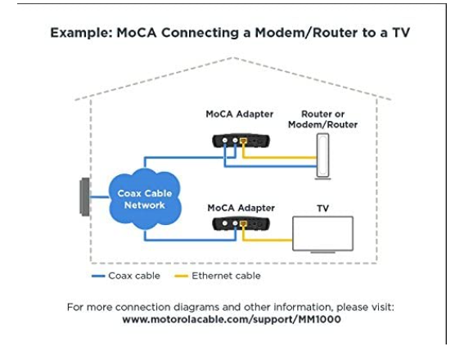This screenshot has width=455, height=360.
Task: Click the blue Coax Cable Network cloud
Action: (145, 199)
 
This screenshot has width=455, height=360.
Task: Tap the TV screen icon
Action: (322, 234)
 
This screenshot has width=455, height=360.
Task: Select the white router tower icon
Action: (322, 156)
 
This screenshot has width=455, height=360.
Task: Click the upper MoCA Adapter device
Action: (241, 141)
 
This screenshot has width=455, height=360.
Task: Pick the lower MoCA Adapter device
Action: (241, 224)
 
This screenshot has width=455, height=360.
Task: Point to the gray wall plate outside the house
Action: (85, 196)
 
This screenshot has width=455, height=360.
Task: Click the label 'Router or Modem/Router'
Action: (322, 119)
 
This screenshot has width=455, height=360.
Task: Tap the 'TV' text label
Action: (322, 209)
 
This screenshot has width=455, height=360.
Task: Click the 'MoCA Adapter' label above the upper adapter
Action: (240, 114)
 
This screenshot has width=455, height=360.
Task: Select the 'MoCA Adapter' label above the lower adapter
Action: (241, 208)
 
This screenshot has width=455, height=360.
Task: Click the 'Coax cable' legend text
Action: (134, 276)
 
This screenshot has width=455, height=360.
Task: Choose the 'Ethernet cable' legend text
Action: (226, 276)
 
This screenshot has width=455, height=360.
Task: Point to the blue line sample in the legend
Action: (98, 276)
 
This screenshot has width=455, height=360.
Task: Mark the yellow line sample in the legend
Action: (181, 276)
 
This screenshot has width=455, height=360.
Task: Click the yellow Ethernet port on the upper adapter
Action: (243, 141)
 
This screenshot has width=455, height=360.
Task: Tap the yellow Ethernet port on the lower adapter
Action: (243, 223)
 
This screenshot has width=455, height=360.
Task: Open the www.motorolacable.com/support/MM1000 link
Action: (232, 319)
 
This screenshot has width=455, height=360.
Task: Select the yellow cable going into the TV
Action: (267, 240)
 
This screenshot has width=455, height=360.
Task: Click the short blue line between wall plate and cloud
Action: (99, 197)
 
